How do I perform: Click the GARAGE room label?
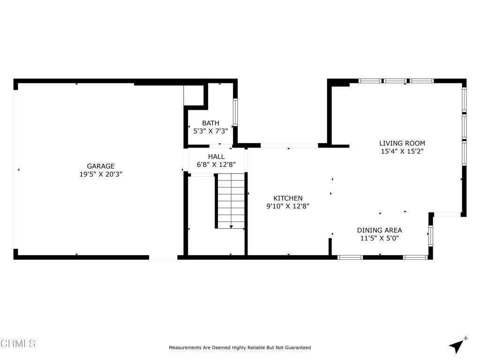101,166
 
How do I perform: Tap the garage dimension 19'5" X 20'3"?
101,174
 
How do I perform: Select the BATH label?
210,123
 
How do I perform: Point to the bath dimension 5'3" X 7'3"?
210,132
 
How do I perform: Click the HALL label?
216,157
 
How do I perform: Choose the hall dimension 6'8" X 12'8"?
216,165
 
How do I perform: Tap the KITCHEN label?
288,198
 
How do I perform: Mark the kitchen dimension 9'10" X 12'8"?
288,206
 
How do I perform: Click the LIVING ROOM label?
402,143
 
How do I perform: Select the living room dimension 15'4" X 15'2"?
402,151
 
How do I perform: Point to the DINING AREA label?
379,230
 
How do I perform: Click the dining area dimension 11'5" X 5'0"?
379,238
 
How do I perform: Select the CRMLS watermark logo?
18,344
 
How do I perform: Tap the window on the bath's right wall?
235,112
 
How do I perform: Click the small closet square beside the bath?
193,95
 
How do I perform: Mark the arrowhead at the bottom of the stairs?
231,227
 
